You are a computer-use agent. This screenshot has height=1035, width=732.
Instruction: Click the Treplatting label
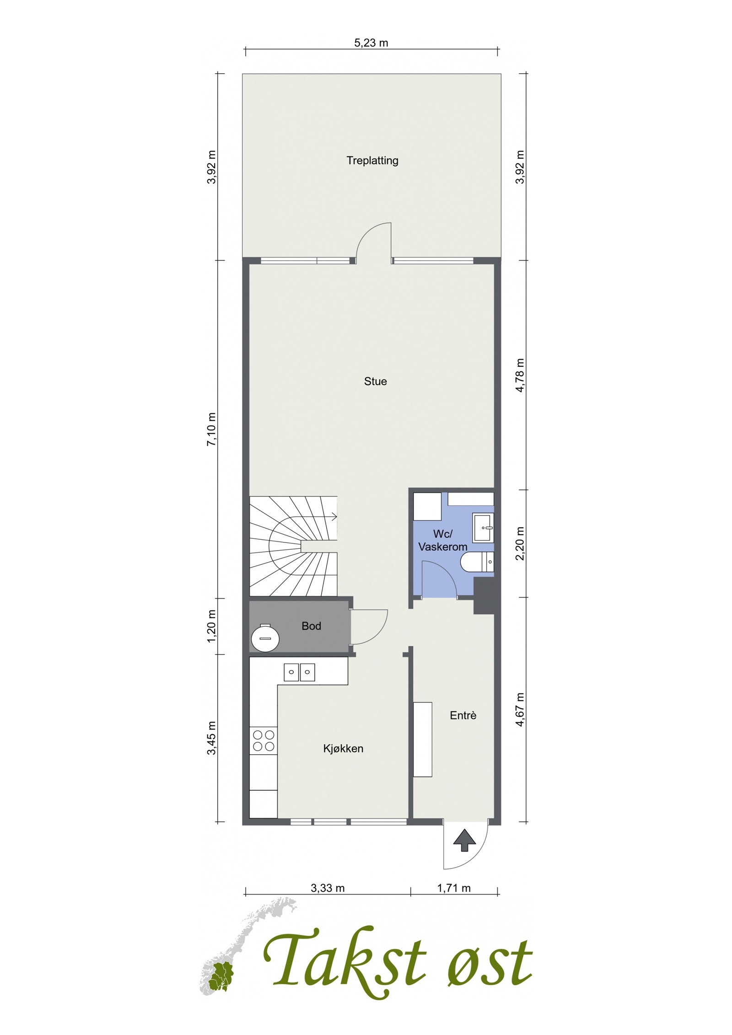(372, 161)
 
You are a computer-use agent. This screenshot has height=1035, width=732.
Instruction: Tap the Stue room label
(375, 381)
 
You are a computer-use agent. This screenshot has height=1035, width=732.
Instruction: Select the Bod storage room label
(311, 626)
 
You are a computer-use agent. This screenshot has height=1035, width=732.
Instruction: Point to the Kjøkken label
(343, 749)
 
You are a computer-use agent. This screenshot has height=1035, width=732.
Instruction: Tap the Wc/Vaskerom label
(442, 540)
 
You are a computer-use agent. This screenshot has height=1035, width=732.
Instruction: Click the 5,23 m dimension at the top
(371, 43)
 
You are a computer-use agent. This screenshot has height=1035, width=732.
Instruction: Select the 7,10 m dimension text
(211, 429)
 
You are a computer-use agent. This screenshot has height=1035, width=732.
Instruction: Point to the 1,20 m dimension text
(211, 626)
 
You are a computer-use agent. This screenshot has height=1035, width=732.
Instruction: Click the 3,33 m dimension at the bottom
(328, 888)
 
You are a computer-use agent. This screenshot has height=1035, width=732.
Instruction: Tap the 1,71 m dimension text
(454, 888)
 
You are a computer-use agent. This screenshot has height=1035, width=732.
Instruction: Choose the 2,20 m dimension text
(520, 543)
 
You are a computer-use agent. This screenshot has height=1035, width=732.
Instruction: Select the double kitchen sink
(299, 672)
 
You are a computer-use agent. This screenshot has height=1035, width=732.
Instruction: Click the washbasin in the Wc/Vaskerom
(483, 528)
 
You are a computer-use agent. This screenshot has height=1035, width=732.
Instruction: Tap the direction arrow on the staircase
(333, 517)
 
